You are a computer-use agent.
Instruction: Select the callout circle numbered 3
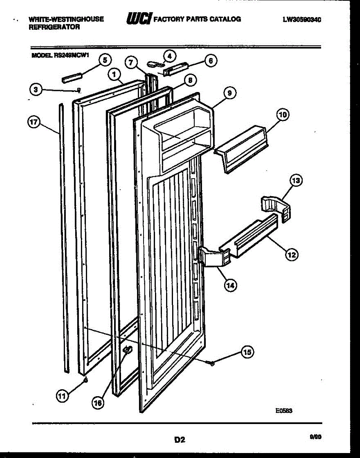35,90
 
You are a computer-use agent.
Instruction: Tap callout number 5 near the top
105,60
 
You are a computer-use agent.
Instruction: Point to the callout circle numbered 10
283,114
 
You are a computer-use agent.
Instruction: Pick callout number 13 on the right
296,180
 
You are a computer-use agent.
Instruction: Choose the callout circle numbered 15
248,353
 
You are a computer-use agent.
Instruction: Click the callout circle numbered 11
61,396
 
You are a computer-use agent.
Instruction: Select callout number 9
230,93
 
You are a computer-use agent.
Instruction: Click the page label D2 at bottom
179,440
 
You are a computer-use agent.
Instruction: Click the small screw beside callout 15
210,363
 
